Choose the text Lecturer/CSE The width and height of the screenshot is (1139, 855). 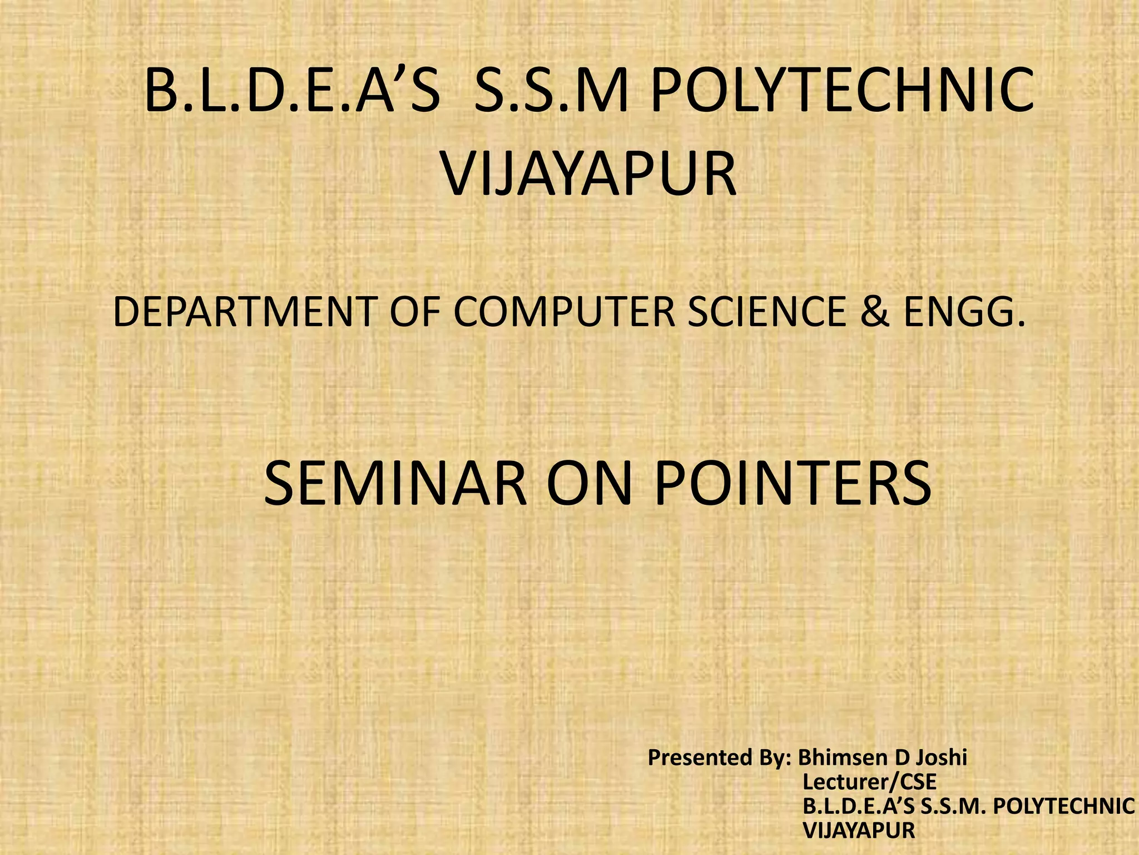(x=870, y=782)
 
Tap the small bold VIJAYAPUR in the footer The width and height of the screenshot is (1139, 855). (x=859, y=830)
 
